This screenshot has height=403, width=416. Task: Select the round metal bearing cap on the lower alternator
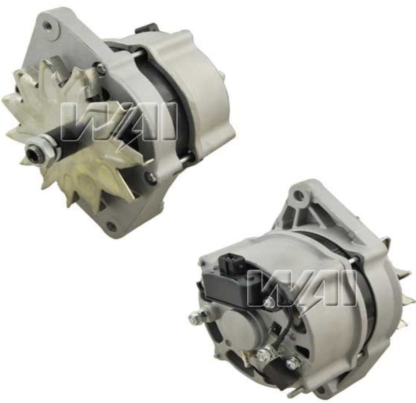pyautogui.click(x=239, y=328)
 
